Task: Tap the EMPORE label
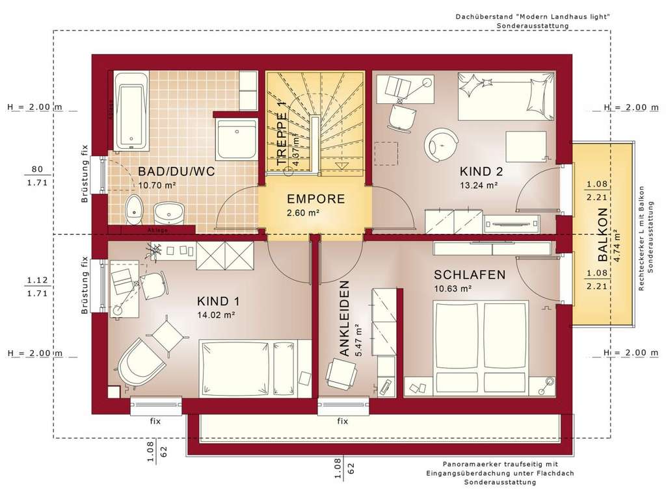(315, 199)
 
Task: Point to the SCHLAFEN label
(470, 275)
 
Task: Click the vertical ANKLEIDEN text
(344, 318)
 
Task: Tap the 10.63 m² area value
(453, 289)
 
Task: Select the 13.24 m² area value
(479, 185)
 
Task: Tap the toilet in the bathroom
(133, 209)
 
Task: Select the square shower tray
(237, 138)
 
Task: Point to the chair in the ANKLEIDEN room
(341, 374)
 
